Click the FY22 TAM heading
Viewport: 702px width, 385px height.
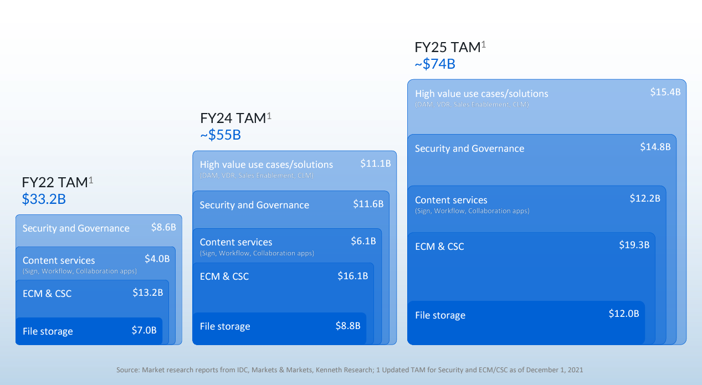[x=55, y=182]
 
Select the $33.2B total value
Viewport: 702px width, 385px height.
[x=44, y=199]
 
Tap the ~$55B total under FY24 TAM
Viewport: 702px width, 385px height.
[x=221, y=135]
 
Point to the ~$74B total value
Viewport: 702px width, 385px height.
[x=435, y=64]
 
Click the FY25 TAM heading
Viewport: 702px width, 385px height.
[x=448, y=48]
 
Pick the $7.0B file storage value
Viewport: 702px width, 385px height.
[x=144, y=331]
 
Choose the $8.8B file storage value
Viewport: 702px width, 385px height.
[x=348, y=326]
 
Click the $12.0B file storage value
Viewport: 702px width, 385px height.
[x=624, y=314]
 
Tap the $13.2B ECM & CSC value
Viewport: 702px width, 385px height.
[x=148, y=292]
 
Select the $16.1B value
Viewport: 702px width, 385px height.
[x=353, y=276]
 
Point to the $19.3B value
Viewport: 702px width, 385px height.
[x=634, y=245]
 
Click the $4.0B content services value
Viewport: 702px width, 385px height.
[x=157, y=258]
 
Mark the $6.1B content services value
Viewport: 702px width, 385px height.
[x=363, y=241]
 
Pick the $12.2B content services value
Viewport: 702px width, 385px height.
[x=645, y=198]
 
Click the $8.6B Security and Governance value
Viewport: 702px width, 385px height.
[x=163, y=227]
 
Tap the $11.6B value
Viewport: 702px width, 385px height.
[x=368, y=204]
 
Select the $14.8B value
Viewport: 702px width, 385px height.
[x=655, y=147]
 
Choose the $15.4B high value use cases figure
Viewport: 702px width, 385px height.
[x=665, y=92]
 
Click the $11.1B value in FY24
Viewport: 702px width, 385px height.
[x=376, y=163]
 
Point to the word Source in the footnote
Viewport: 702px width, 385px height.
[x=127, y=369]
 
